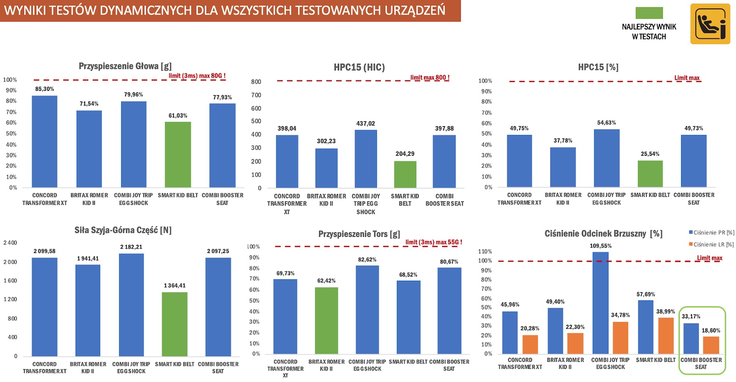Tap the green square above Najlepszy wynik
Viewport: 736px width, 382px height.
tap(649, 14)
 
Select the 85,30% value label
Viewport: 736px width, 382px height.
tap(44, 89)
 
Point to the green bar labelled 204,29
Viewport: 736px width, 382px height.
tap(405, 175)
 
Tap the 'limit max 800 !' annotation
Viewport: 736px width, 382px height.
tap(430, 78)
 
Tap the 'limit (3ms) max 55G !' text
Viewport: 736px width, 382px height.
tap(434, 242)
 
